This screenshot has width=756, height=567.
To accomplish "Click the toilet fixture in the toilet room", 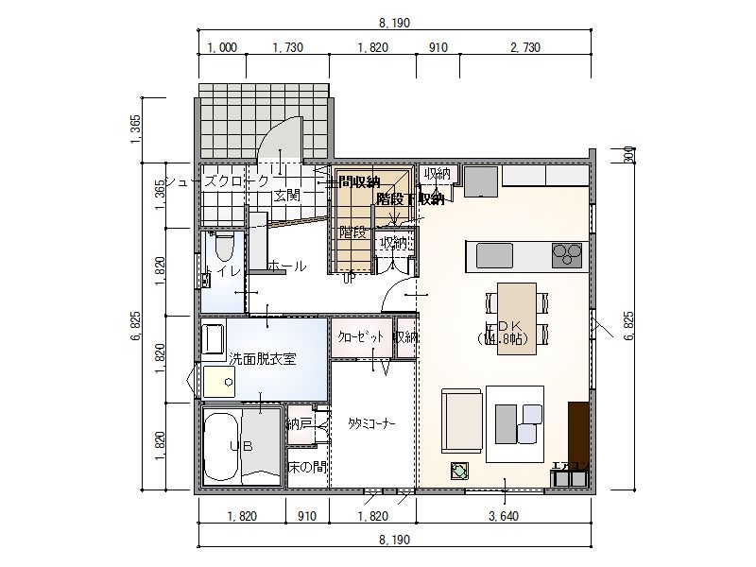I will coord(224,248).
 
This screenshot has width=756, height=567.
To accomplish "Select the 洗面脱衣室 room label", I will coord(263,359).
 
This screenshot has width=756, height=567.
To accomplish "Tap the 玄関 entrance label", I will coord(287,196).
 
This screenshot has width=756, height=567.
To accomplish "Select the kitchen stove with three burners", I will coord(567,252).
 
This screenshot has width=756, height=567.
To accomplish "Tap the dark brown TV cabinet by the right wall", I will coord(577,432).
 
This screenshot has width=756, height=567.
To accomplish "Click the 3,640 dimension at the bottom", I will coord(503,517).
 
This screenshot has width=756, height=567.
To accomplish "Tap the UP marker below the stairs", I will coord(349,277).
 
